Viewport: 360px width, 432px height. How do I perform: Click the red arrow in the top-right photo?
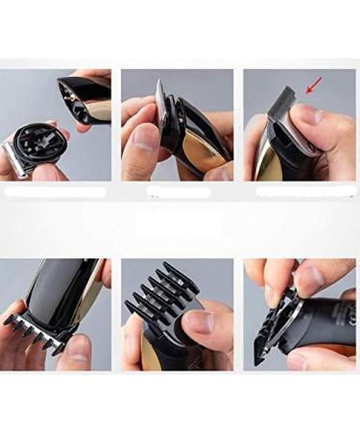(x=314, y=88)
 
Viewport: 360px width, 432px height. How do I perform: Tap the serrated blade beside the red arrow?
(x=287, y=100)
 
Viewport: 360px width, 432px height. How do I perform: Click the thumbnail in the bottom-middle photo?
(x=200, y=320)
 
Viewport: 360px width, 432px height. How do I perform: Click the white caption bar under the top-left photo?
(x=55, y=191)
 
